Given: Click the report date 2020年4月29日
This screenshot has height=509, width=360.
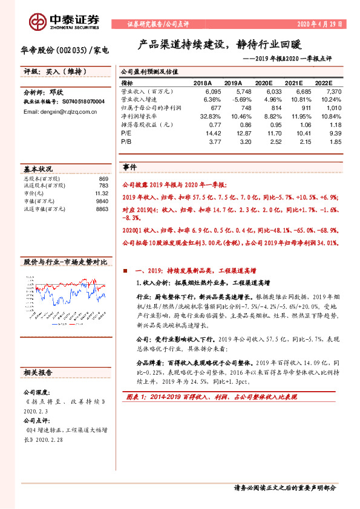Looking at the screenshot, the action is [x=320, y=24].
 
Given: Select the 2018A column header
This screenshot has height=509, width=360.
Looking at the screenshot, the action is [x=203, y=83].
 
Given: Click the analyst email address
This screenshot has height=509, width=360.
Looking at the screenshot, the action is [x=56, y=112].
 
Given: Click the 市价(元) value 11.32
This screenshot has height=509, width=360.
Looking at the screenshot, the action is [x=100, y=193].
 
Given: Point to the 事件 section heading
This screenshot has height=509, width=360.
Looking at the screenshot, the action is [x=130, y=166].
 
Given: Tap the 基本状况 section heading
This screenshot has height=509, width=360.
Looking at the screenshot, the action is [x=38, y=169].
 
